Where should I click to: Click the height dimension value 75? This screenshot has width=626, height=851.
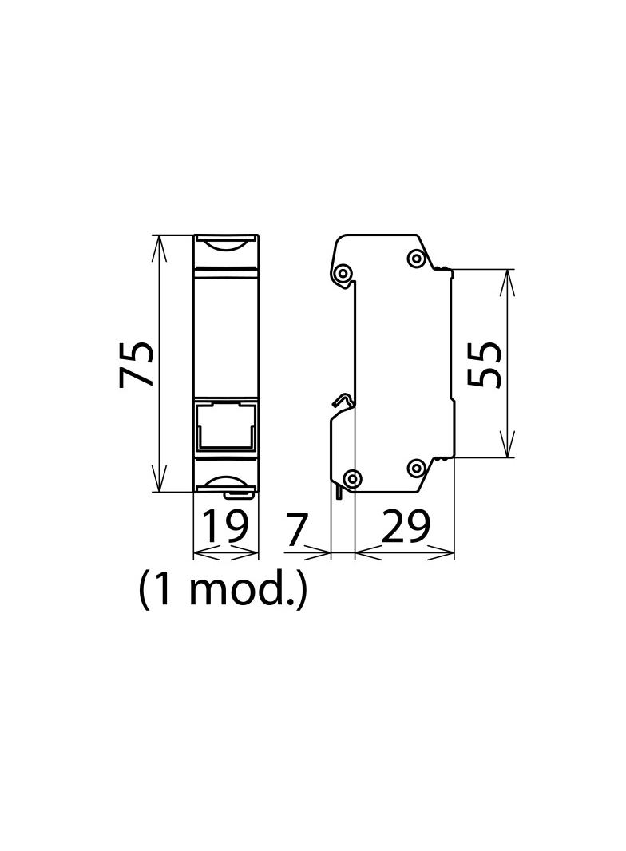136,364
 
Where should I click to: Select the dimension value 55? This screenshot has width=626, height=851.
485,364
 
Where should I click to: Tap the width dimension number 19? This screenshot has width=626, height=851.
225,528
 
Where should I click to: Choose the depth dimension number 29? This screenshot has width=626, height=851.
406,528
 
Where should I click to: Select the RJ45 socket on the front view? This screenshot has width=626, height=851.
226,427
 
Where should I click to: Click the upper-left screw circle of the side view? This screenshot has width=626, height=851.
343,275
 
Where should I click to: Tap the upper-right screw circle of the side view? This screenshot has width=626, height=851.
415,258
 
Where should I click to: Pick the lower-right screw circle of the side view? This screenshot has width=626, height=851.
415,469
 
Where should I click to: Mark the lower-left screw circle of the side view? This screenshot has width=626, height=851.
351,478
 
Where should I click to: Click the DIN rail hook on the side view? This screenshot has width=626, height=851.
342,400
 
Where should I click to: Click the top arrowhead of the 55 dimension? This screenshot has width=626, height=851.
507,277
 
